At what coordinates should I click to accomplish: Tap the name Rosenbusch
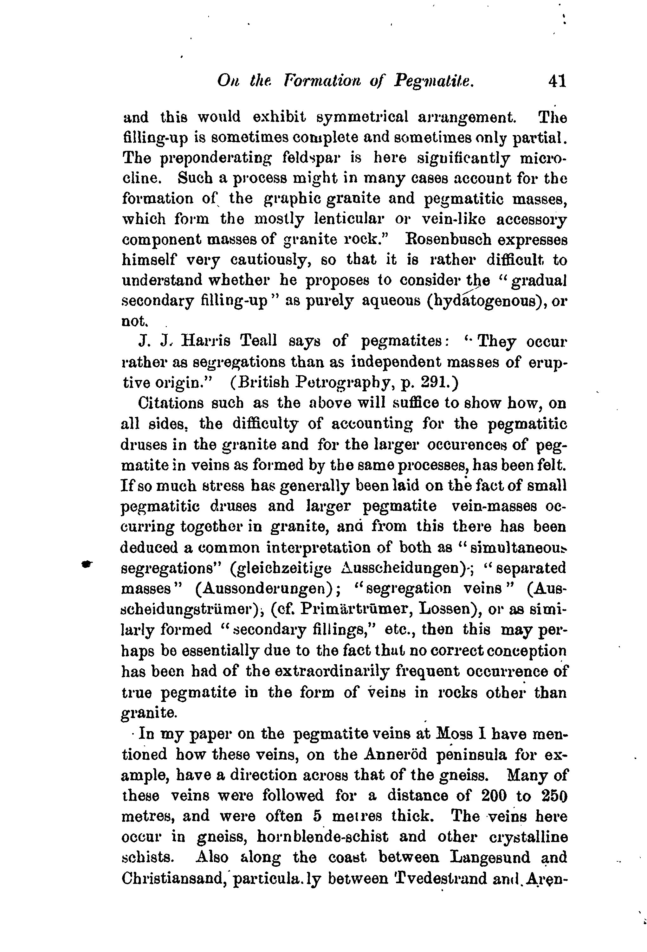[x=448, y=239]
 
